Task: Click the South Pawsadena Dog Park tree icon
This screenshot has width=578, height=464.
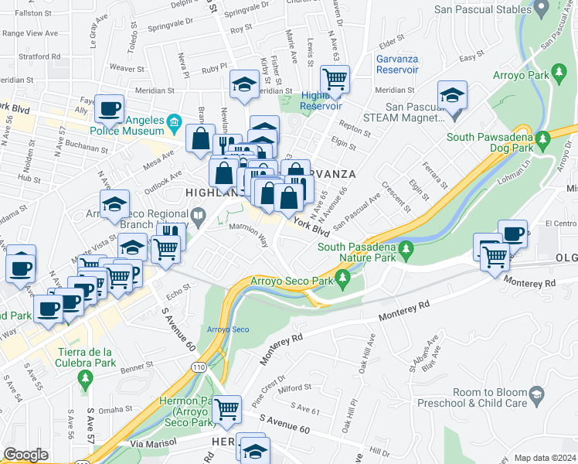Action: click(x=543, y=138)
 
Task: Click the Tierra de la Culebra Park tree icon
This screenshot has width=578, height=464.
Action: click(x=86, y=378)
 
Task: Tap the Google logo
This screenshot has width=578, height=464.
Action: click(x=25, y=455)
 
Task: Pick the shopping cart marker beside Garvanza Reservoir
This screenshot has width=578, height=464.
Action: click(x=335, y=79)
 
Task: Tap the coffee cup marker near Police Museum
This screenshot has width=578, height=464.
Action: click(x=110, y=108)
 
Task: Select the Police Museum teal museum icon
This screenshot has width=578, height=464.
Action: click(x=175, y=121)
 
